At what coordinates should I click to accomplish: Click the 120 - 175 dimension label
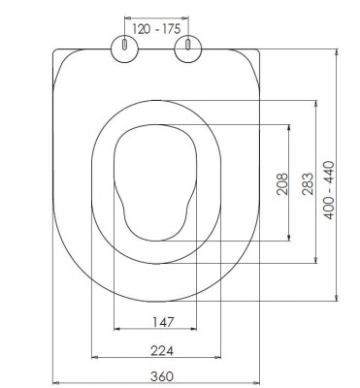coord(156,29)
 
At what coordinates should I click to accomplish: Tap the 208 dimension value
coord(282,184)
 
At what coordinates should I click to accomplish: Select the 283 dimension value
coord(308,184)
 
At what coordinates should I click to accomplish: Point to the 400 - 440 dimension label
coord(329,190)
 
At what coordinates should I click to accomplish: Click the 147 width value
coord(163,322)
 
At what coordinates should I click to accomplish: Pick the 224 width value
coord(162,350)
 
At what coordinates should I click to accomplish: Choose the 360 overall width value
coord(162,376)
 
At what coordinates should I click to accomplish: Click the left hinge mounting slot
coord(124,45)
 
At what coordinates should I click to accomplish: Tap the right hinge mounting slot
coord(187,45)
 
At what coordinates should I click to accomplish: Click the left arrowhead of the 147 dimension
coord(117,329)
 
